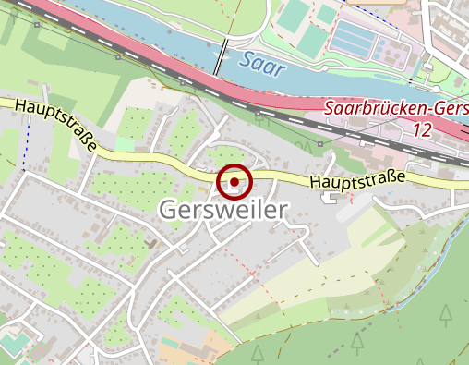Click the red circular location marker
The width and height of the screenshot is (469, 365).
tap(234, 182)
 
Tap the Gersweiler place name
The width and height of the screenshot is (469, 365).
tap(222, 211)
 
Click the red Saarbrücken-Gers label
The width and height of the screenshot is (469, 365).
tap(396, 108)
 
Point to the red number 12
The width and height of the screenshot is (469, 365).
tap(422, 130)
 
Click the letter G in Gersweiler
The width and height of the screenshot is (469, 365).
tap(169, 211)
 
